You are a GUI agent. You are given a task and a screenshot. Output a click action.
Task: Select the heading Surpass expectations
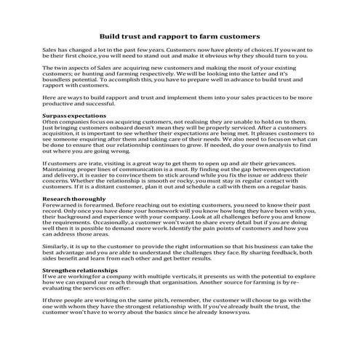[x=75, y=116]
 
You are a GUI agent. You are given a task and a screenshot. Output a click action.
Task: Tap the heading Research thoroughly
[x=73, y=199]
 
